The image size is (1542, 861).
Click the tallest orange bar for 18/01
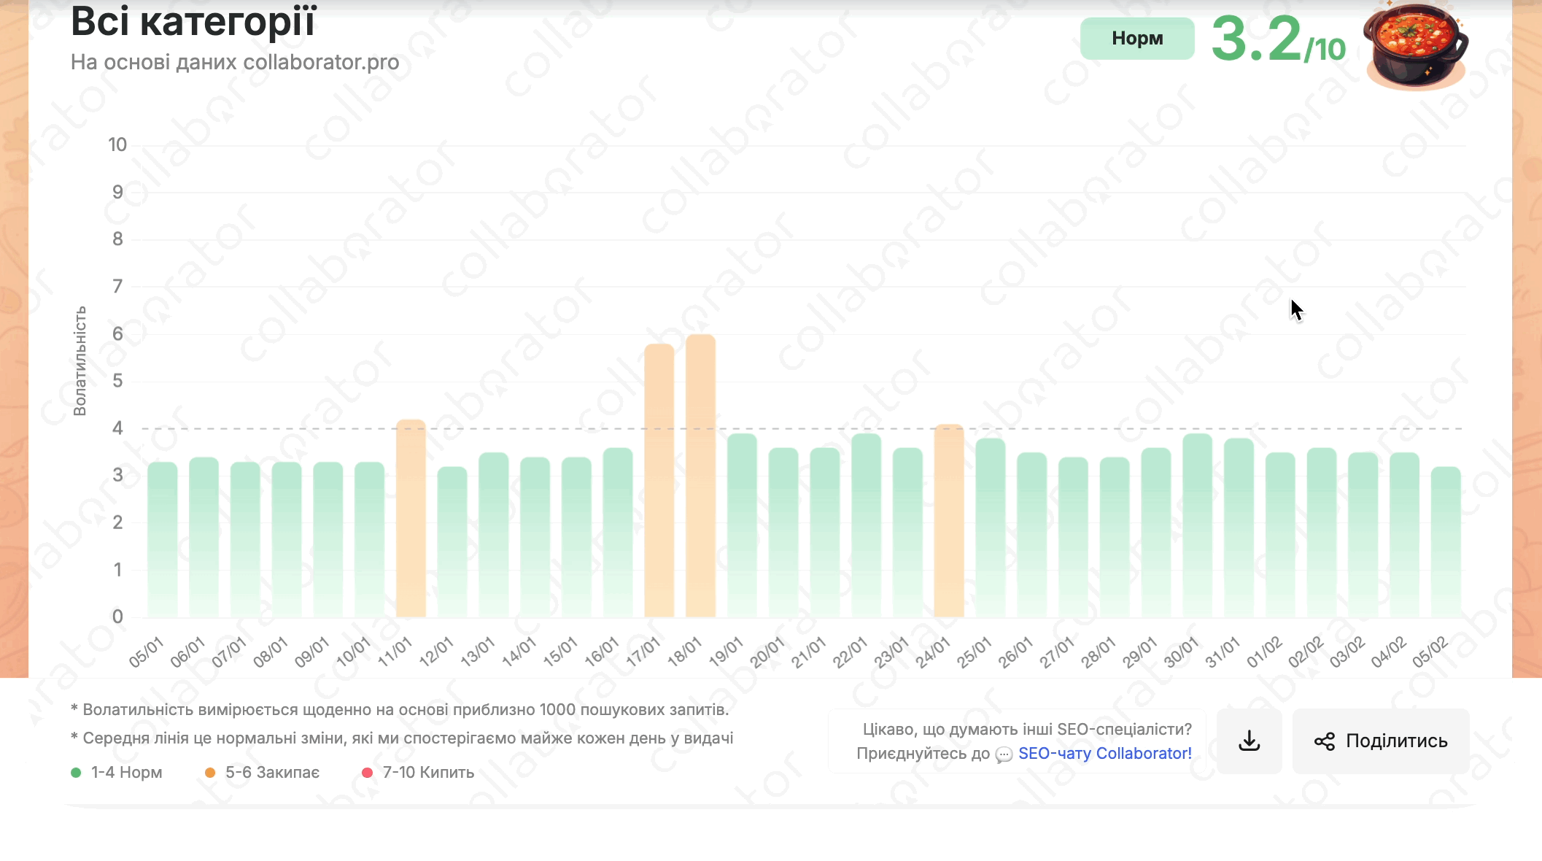[x=700, y=476]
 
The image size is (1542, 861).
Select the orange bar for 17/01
[x=659, y=480]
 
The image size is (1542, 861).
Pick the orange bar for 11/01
[x=411, y=518]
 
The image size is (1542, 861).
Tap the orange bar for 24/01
[x=948, y=520]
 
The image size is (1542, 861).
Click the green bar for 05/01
[x=162, y=539]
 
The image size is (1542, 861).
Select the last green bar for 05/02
[x=1445, y=541]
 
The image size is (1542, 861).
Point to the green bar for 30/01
[x=1197, y=525]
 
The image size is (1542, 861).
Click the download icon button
[x=1249, y=741]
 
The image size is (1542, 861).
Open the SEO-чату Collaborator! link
[x=1104, y=753]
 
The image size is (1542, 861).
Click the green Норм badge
[x=1136, y=39]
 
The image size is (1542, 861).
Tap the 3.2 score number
[x=1256, y=39]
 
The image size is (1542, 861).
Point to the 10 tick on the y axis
[x=117, y=144]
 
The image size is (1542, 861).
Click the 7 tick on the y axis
[x=117, y=286]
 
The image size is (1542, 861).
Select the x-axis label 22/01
[x=850, y=652]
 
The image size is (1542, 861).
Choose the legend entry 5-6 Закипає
[x=272, y=772]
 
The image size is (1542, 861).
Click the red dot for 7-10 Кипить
[x=367, y=772]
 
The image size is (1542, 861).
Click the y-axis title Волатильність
[x=80, y=360]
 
